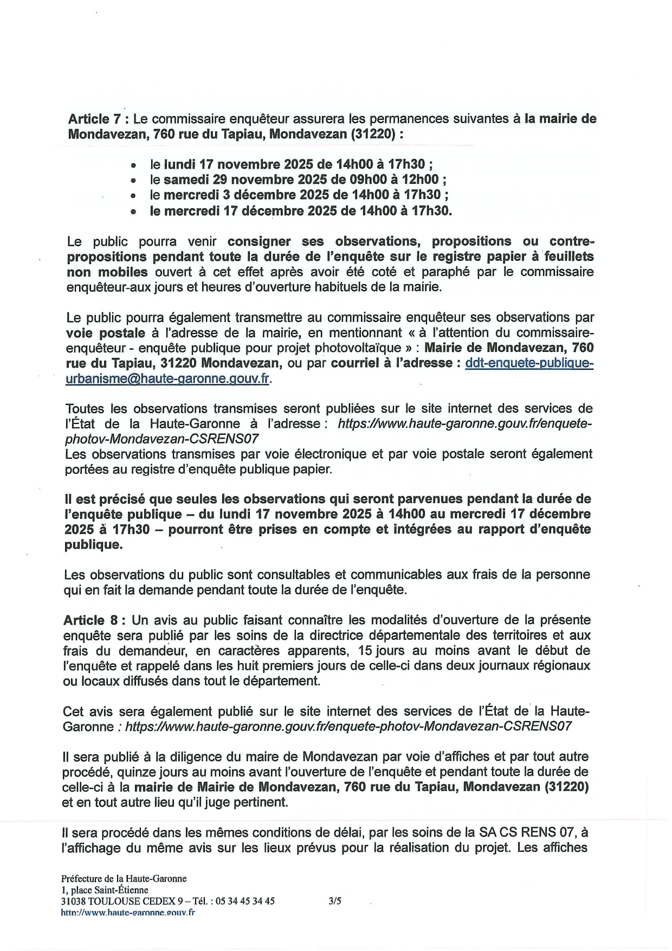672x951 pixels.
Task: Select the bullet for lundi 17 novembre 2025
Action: click(x=133, y=165)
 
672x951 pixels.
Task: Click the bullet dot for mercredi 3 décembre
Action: click(x=133, y=195)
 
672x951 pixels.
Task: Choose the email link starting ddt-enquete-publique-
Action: click(x=529, y=363)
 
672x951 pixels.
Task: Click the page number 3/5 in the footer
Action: click(x=335, y=901)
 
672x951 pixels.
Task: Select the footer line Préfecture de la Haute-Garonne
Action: click(x=124, y=878)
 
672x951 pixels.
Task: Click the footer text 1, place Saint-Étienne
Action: click(x=105, y=890)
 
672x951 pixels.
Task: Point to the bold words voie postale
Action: click(x=106, y=332)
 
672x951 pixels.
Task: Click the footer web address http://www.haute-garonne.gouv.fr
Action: click(x=128, y=913)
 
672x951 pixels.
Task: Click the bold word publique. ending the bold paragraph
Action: click(x=94, y=544)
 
